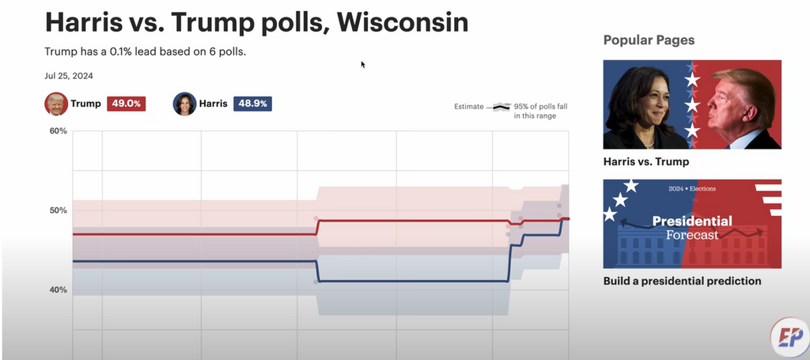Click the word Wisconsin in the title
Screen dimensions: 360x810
[x=403, y=21]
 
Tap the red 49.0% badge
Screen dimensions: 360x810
[x=126, y=104]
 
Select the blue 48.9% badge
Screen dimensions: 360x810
[x=252, y=104]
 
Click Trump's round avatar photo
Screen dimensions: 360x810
[x=56, y=104]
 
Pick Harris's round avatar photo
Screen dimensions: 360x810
[x=184, y=104]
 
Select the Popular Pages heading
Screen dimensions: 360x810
[x=649, y=40]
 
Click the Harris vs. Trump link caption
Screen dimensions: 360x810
[x=645, y=161]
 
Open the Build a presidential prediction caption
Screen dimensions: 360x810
[x=682, y=281]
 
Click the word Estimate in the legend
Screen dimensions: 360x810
[x=468, y=106]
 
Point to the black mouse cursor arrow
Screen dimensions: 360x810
[x=363, y=65]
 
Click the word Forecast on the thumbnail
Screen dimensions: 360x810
[x=692, y=235]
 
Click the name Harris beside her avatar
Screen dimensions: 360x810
[x=214, y=104]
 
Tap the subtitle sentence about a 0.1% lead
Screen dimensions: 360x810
[x=151, y=52]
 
